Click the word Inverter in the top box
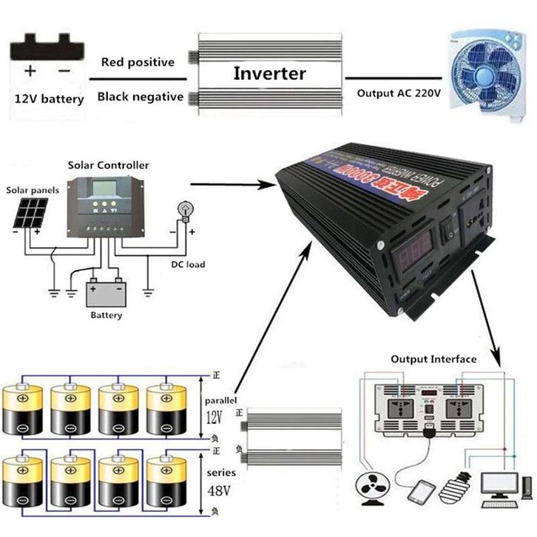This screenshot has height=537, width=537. [x=269, y=73]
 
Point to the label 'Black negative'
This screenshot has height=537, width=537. [x=141, y=96]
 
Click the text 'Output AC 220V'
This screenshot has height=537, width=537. [x=399, y=93]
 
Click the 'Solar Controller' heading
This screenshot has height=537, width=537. [x=108, y=165]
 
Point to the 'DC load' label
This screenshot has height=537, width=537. [x=187, y=264]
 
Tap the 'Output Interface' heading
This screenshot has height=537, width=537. [x=433, y=359]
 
